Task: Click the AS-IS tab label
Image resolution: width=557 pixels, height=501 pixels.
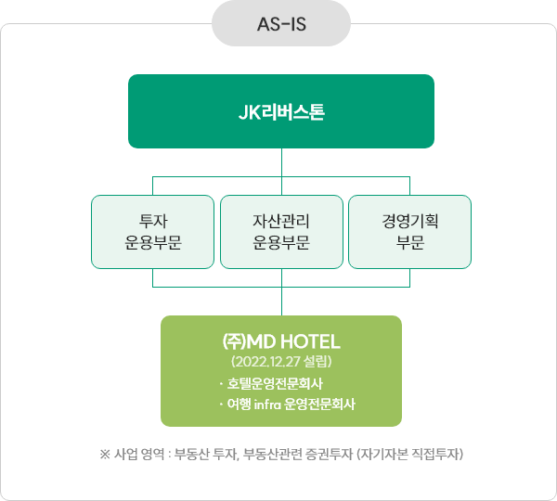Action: point(280,23)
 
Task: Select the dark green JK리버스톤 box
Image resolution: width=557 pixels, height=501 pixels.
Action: point(280,111)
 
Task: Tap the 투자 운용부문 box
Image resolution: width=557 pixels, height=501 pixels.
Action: point(152,231)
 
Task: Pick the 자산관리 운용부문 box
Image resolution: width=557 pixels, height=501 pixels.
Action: point(280,231)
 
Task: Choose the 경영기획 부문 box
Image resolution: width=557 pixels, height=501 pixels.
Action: point(409,231)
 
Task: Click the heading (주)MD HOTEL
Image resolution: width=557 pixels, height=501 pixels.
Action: point(280,340)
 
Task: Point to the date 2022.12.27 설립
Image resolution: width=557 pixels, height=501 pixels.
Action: point(280,361)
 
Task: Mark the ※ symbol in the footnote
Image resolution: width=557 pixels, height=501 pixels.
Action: point(104,455)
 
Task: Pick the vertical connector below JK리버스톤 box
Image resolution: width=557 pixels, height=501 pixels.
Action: point(280,161)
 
